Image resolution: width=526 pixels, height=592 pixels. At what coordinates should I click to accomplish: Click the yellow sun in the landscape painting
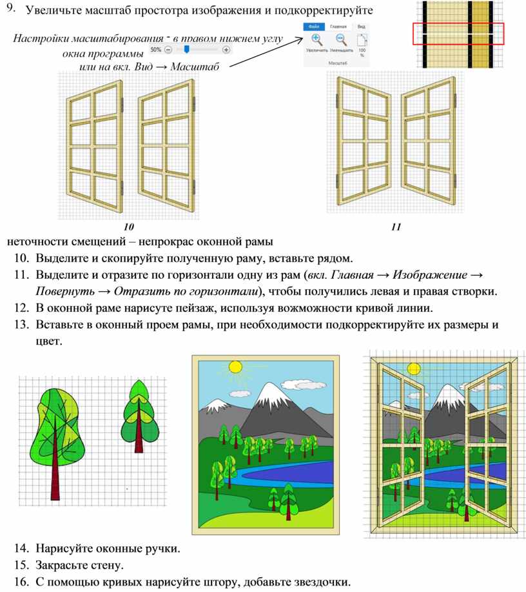[x=235, y=367]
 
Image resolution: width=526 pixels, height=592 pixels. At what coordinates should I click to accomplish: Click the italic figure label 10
[x=129, y=227]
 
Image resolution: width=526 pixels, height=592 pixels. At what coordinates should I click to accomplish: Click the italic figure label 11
[x=396, y=227]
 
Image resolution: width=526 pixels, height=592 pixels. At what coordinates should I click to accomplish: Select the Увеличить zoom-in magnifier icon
[x=317, y=39]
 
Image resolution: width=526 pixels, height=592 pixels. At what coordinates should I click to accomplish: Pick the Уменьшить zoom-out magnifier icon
[x=341, y=39]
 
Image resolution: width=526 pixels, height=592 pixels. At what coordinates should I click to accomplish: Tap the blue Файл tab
[x=314, y=26]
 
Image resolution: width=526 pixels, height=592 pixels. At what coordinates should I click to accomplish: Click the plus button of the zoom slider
[x=226, y=49]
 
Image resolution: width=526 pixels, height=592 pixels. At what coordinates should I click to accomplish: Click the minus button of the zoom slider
[x=168, y=49]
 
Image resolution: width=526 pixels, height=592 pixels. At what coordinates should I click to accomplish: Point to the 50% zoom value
[x=155, y=49]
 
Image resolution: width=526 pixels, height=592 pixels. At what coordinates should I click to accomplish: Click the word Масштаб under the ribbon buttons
[x=338, y=63]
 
